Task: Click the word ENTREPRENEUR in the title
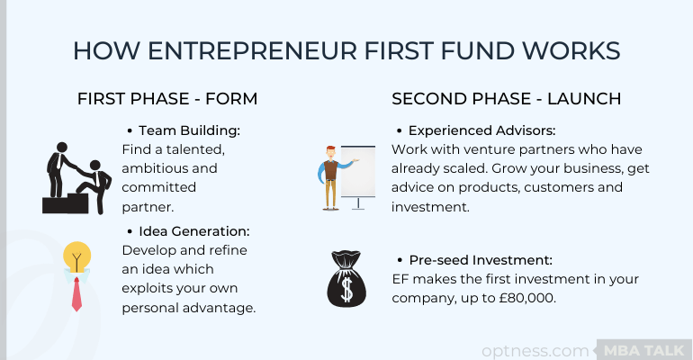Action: pos(252,50)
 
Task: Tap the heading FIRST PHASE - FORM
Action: pos(167,98)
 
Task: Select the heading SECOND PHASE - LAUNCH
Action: pos(506,98)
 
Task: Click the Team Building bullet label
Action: pos(190,130)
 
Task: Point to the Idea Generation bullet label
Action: pos(194,231)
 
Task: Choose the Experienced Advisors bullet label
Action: pos(481,130)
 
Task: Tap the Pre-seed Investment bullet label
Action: pos(481,260)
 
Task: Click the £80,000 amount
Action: pos(527,298)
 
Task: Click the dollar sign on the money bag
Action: pos(346,289)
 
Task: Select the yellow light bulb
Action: pos(76,256)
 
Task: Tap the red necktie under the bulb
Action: pos(76,294)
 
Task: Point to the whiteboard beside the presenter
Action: pos(358,171)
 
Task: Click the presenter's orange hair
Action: pos(330,148)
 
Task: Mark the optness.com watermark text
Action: pos(535,351)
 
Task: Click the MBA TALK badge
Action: pos(643,351)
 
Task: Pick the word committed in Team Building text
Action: pos(159,187)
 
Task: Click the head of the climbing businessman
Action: pos(95,166)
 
